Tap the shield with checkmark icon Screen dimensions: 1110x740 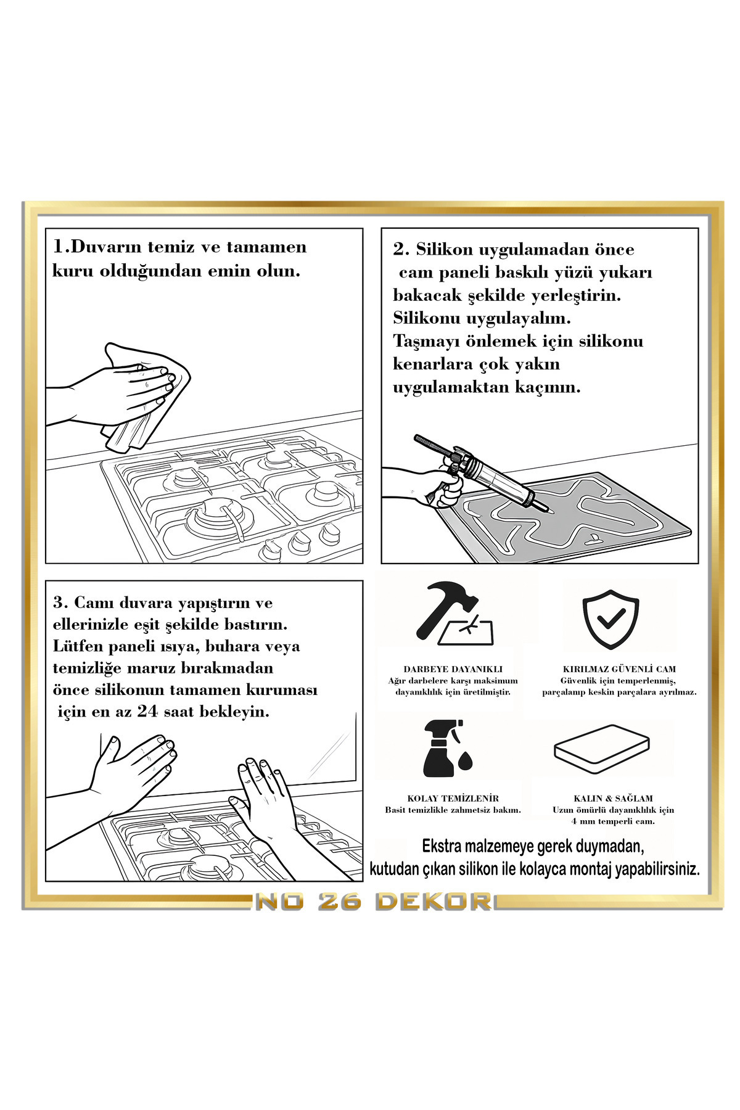click(x=610, y=619)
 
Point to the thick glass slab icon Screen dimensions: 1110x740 click(x=602, y=749)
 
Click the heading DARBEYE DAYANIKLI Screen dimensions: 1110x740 click(x=453, y=668)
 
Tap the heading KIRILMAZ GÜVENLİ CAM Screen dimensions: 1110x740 click(x=619, y=668)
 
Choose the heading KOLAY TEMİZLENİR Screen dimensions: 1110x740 click(x=453, y=798)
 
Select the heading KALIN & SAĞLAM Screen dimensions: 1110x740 click(x=612, y=798)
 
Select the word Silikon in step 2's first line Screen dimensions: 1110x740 click(x=445, y=250)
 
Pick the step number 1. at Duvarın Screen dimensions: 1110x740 click(x=62, y=247)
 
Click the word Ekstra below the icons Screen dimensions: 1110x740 click(x=443, y=846)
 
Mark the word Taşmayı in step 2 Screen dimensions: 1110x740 click(x=420, y=341)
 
